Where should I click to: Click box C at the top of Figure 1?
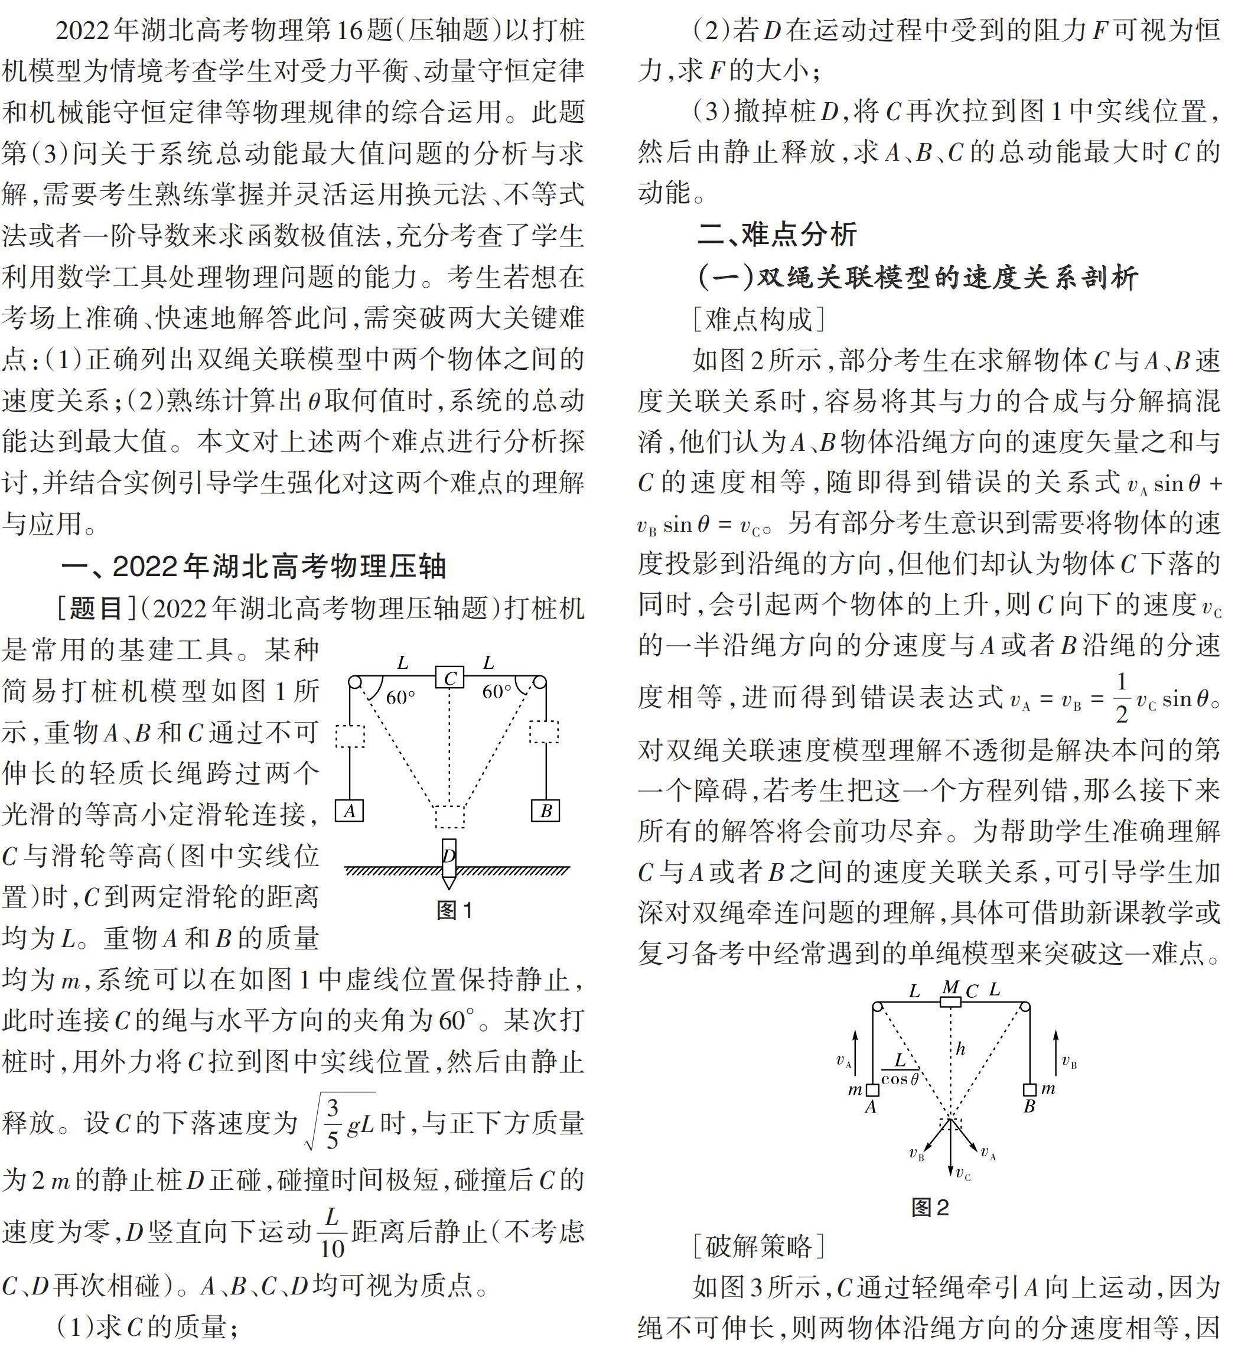tap(449, 678)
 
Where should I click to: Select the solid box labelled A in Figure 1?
tap(349, 811)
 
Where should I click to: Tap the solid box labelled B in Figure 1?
tap(546, 811)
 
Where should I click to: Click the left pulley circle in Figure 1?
tap(355, 682)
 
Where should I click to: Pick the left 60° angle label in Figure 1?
tap(401, 697)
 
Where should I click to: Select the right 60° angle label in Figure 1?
tap(496, 691)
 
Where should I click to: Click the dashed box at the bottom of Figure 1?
tap(449, 816)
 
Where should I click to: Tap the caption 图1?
tap(455, 910)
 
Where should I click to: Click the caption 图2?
tap(930, 1208)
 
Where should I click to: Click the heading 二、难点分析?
tap(777, 234)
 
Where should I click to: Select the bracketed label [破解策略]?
tap(758, 1247)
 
